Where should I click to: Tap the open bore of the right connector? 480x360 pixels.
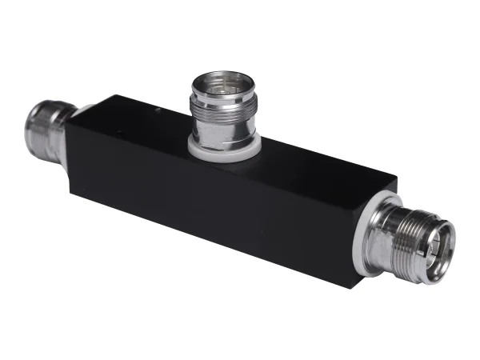(439, 243)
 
